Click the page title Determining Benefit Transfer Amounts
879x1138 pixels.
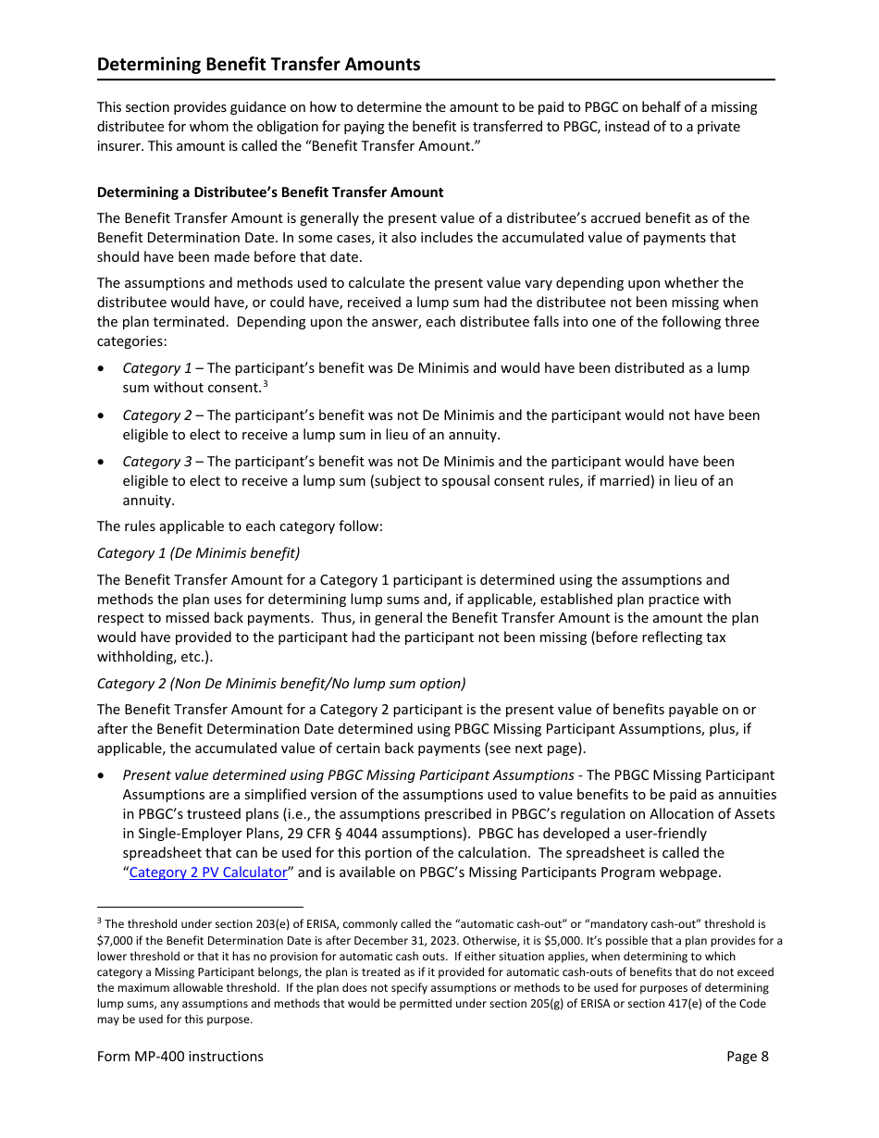tap(258, 64)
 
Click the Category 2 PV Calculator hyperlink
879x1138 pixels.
tap(208, 872)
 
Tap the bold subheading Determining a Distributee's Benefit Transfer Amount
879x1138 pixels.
tap(270, 192)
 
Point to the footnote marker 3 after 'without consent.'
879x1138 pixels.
tap(265, 384)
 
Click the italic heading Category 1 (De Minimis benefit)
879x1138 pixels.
tap(198, 553)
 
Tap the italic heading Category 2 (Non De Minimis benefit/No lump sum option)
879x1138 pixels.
tap(281, 684)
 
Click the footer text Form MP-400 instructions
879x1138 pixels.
tap(180, 1057)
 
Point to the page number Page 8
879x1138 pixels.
tap(748, 1057)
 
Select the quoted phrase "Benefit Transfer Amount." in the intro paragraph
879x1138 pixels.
tap(395, 146)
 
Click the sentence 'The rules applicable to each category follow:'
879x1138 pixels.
tap(240, 526)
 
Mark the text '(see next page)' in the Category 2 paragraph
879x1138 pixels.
tap(536, 748)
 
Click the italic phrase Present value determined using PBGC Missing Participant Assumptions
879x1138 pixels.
tap(348, 775)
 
